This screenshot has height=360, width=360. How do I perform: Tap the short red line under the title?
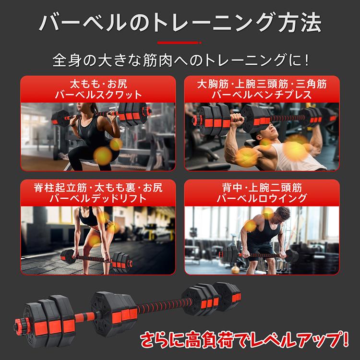pos(180,43)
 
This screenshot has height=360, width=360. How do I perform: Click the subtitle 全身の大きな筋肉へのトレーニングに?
pos(180,61)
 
